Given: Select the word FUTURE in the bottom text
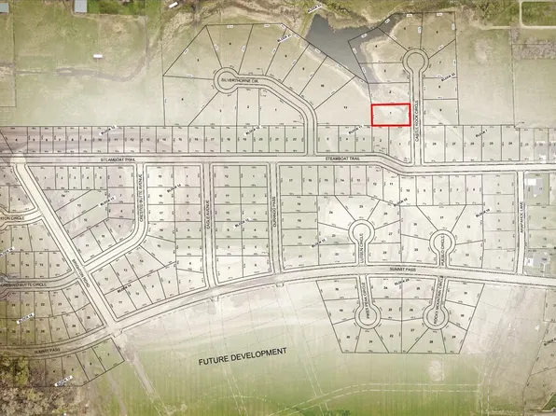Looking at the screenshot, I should pyautogui.click(x=219, y=360).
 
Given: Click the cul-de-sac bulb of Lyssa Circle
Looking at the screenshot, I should pyautogui.click(x=362, y=233).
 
